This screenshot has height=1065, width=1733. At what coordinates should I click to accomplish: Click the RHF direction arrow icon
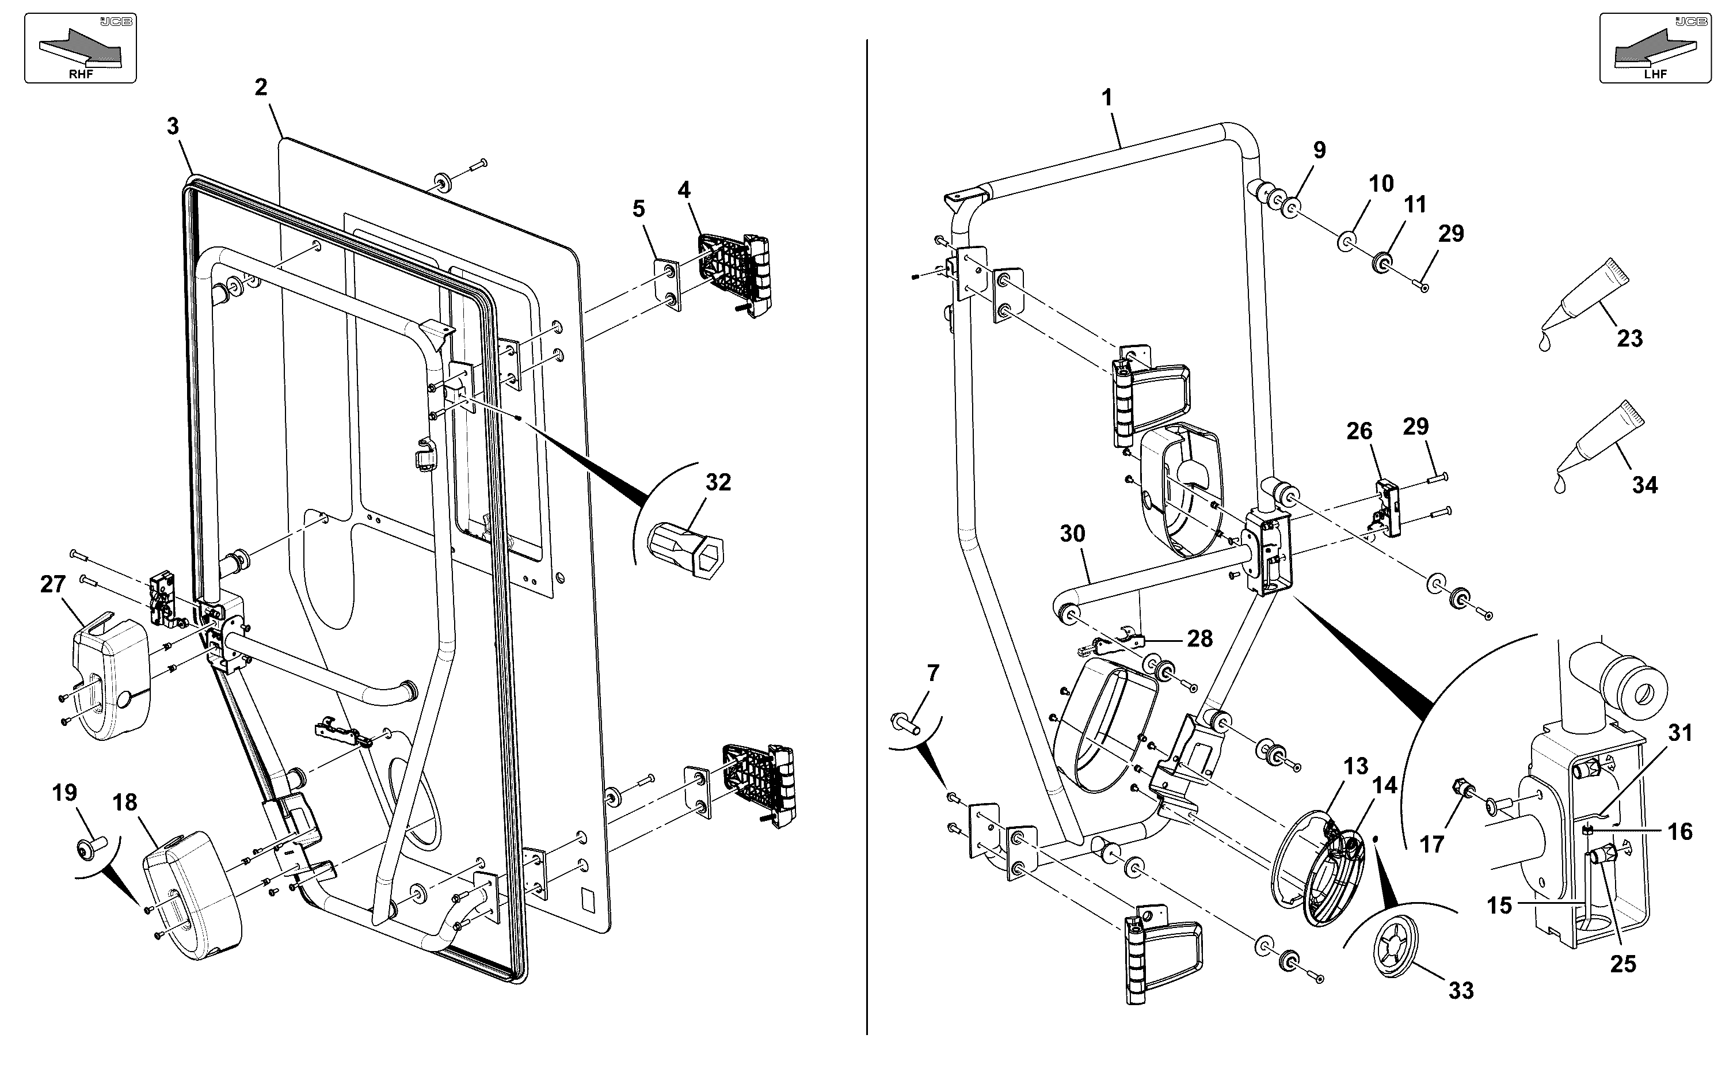point(80,48)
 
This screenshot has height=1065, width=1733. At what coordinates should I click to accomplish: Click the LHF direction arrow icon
point(1655,48)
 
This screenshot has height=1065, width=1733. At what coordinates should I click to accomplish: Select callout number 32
point(718,482)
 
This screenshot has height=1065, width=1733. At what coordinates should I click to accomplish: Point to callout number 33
point(1461,991)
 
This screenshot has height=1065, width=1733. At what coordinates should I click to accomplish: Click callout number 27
point(53,585)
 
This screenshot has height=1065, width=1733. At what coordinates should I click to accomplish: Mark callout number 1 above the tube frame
point(1107,97)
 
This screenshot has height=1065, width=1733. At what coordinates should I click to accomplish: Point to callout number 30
point(1072,534)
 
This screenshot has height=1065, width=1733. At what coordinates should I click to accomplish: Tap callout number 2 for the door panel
point(261,88)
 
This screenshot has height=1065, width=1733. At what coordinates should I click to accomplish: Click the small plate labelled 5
point(669,284)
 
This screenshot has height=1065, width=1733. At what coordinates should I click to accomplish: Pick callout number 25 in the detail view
point(1623,964)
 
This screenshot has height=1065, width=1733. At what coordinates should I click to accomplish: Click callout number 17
point(1431,844)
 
